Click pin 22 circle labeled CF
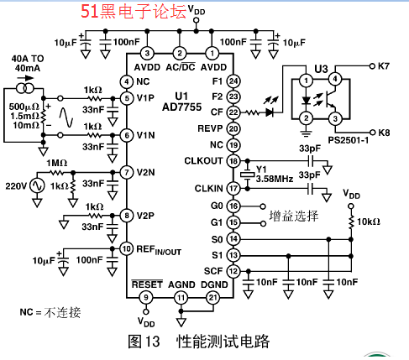[233, 112]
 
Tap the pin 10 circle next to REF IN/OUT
[127, 248]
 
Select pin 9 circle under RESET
[146, 297]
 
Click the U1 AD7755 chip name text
[182, 102]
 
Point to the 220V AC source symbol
[37, 185]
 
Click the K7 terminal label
[384, 66]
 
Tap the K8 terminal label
[384, 133]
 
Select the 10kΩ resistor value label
[369, 222]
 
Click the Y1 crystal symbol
[247, 175]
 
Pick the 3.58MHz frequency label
[275, 179]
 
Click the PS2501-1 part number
[349, 140]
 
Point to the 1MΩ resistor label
[57, 163]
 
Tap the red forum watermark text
[134, 12]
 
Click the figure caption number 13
[152, 342]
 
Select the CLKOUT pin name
[203, 161]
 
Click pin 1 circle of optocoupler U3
[307, 81]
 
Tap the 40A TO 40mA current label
[28, 64]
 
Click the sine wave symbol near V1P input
[66, 117]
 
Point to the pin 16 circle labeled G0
[233, 206]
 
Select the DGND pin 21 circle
[213, 297]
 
